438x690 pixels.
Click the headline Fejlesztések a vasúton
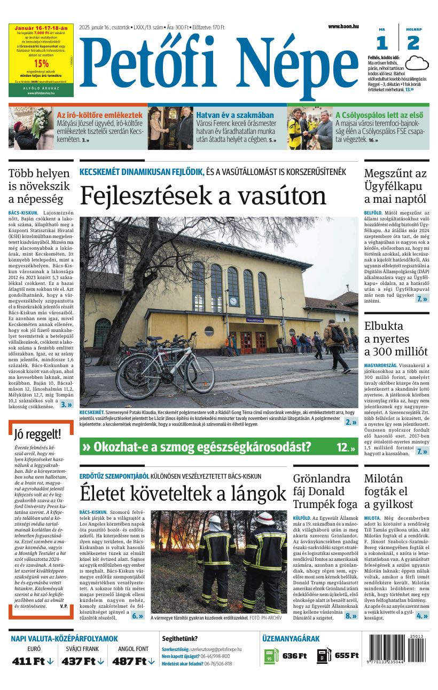(x=203, y=196)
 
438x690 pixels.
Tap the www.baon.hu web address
(x=343, y=26)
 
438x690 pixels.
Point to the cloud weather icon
(x=417, y=64)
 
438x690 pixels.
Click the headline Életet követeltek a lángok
(x=183, y=493)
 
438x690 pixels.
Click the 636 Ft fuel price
(x=294, y=656)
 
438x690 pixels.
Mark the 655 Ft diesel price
(x=346, y=656)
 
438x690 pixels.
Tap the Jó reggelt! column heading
(x=37, y=433)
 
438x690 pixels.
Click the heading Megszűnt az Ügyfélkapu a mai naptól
(x=395, y=186)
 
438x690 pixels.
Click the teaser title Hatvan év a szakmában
(x=234, y=115)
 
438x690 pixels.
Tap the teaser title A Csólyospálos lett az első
(x=379, y=115)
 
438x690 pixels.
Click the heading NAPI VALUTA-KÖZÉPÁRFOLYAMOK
(x=64, y=638)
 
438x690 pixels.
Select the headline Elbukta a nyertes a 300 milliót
(x=395, y=338)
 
